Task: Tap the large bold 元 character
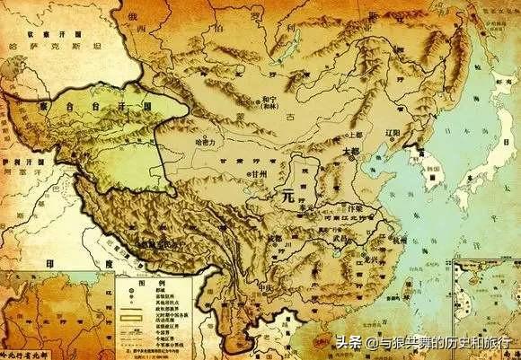(287, 191)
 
